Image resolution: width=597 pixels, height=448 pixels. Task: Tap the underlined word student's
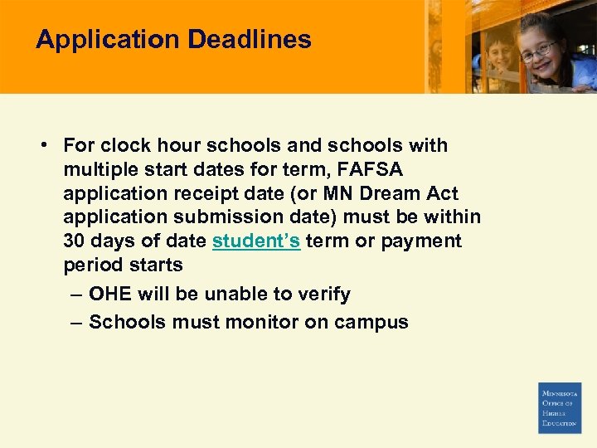point(256,241)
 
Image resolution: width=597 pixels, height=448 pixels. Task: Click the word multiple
point(99,169)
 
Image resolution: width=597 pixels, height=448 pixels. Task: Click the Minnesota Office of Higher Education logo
point(560,407)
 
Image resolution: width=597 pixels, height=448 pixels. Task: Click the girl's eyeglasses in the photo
point(536,49)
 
